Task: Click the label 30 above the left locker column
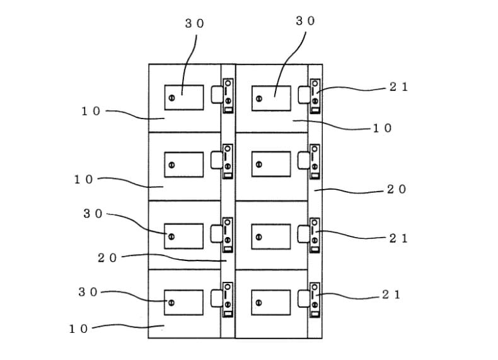click(x=194, y=23)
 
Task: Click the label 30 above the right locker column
click(x=305, y=21)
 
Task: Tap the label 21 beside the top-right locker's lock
click(x=398, y=87)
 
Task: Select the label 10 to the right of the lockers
click(x=382, y=128)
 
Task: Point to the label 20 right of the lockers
click(x=397, y=189)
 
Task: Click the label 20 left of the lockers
click(x=107, y=258)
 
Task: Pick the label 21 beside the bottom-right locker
click(x=391, y=295)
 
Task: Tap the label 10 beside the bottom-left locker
click(x=78, y=329)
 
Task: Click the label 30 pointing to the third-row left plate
click(x=93, y=214)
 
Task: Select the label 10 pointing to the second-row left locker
click(x=84, y=180)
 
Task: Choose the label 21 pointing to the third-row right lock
click(x=398, y=238)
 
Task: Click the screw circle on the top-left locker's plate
click(x=171, y=98)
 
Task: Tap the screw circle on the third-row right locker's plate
click(x=259, y=237)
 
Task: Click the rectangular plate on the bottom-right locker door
click(x=271, y=303)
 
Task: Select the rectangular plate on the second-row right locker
click(x=271, y=165)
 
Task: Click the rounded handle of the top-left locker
click(x=217, y=95)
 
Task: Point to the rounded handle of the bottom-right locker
click(x=304, y=299)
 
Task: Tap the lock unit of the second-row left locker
click(x=228, y=161)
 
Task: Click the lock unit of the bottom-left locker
click(x=228, y=300)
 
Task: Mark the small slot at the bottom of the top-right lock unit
click(x=315, y=110)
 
